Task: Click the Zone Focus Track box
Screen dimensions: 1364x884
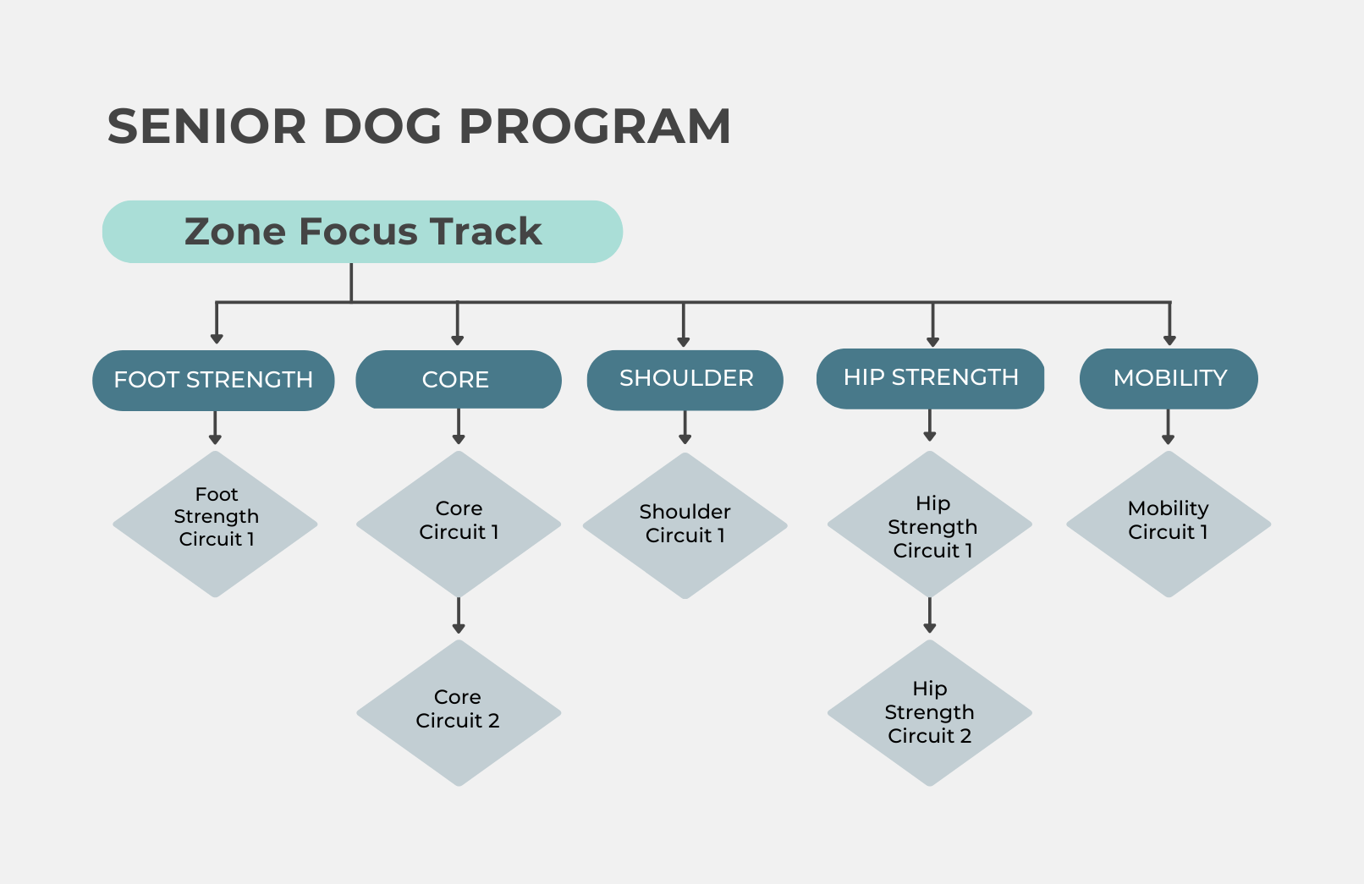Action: tap(362, 231)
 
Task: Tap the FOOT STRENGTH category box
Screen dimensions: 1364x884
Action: tap(213, 380)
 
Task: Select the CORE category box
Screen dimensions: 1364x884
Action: tap(459, 379)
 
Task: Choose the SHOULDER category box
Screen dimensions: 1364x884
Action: tap(685, 380)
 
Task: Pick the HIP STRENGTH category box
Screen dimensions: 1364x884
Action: tap(931, 379)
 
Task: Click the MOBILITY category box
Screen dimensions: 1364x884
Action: tap(1169, 379)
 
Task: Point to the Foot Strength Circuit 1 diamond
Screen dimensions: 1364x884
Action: tap(215, 524)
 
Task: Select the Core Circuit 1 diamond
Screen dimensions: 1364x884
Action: tap(459, 524)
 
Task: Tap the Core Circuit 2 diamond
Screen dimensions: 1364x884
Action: tap(459, 712)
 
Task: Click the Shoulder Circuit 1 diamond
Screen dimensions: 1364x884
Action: tap(685, 525)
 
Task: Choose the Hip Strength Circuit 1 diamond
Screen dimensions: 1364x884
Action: tap(930, 524)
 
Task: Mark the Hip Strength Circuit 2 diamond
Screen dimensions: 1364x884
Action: tap(930, 712)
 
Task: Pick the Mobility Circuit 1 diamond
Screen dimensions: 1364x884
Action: tap(1169, 524)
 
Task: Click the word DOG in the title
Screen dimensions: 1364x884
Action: tap(382, 126)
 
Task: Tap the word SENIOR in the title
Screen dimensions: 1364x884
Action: tap(206, 126)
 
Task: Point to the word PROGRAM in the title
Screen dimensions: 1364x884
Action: tap(595, 126)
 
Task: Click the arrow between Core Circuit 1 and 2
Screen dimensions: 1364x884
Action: tap(459, 616)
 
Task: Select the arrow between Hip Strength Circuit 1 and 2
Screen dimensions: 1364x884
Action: tap(930, 616)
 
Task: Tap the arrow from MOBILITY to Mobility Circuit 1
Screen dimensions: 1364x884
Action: tap(1168, 427)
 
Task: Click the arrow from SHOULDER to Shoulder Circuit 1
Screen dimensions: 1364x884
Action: tap(685, 427)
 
